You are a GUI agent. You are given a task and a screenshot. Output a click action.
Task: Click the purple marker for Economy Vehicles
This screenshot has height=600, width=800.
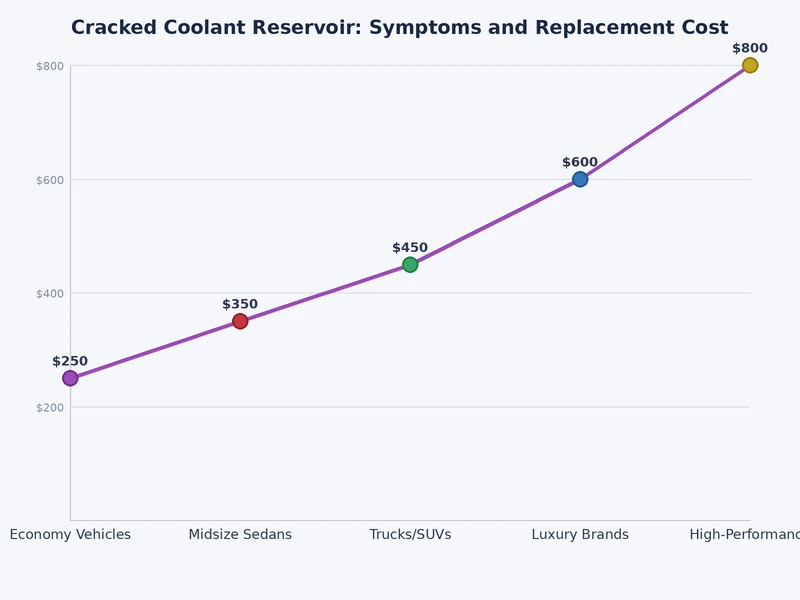point(70,378)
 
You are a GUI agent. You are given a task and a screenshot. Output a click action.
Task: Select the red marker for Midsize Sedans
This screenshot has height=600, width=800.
point(240,321)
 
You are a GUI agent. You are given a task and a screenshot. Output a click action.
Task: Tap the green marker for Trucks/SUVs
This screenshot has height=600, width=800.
point(410,265)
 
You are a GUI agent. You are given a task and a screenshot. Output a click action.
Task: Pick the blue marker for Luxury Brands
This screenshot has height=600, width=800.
point(580,180)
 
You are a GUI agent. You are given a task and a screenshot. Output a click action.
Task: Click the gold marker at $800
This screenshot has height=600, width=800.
point(750,66)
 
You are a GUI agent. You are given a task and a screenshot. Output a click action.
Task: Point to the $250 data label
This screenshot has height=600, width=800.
point(70,362)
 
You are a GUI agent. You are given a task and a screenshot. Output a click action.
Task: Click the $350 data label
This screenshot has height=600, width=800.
point(240,305)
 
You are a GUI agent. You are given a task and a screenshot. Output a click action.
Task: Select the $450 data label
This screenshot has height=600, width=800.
point(410,248)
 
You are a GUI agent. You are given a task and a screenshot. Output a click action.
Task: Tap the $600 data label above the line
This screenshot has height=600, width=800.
point(580,163)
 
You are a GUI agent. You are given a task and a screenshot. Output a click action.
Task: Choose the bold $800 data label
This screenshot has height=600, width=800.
point(750,49)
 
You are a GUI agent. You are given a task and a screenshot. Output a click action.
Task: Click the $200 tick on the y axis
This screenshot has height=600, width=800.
point(50,407)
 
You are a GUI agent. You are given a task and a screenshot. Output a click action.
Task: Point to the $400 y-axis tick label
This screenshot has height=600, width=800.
point(50,294)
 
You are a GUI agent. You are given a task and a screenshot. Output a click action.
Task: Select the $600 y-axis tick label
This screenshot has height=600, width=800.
point(50,180)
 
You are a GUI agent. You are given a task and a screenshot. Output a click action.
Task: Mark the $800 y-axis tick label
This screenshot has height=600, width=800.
point(50,67)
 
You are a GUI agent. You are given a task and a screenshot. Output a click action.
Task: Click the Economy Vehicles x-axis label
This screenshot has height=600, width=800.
point(70,535)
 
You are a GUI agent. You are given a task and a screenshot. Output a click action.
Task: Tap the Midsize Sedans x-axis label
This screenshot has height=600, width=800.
point(240,535)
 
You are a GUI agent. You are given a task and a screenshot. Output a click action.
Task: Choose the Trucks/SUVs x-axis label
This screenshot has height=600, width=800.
point(410,535)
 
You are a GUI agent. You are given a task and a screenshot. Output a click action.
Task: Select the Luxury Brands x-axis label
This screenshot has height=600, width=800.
point(580,535)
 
